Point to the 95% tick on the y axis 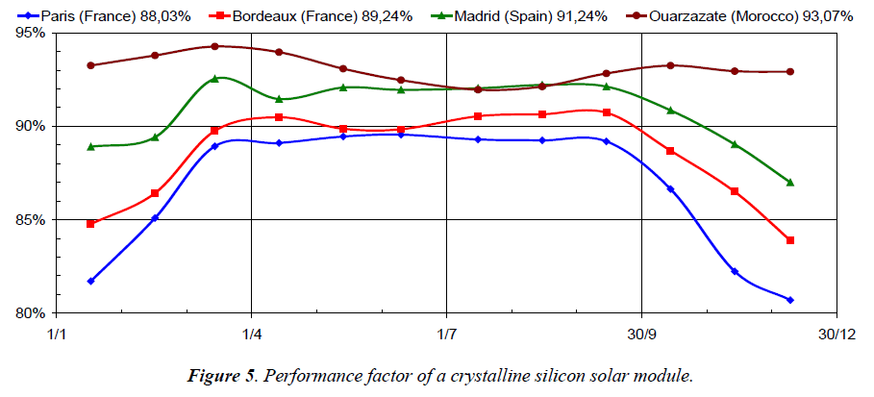tap(32, 33)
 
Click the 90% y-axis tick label tap(32, 126)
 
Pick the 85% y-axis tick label tap(32, 220)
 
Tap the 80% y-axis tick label tap(32, 313)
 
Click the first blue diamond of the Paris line tap(90, 281)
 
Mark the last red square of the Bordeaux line tap(790, 240)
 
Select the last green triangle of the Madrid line tap(790, 182)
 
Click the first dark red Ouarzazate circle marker tap(90, 65)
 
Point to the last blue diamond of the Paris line tap(790, 300)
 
